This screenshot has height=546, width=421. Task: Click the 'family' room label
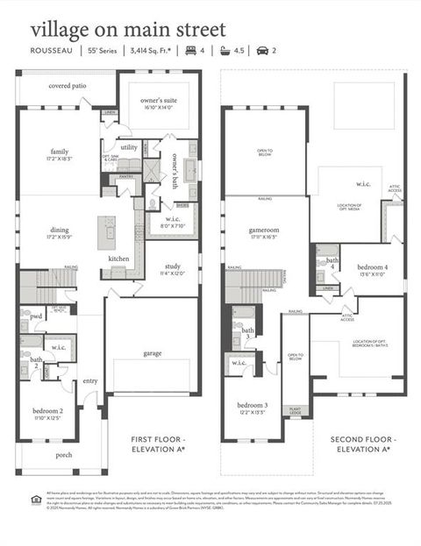(60, 152)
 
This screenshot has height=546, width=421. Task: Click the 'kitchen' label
(119, 259)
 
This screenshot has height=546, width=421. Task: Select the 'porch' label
(63, 454)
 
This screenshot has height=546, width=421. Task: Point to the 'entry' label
(90, 380)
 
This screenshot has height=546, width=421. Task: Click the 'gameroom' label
(263, 230)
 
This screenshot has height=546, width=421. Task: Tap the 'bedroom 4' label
(372, 267)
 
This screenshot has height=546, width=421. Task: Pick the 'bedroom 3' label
(252, 407)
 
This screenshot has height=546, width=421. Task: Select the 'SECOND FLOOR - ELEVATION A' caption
(360, 443)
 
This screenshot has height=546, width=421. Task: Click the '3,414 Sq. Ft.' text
(149, 52)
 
